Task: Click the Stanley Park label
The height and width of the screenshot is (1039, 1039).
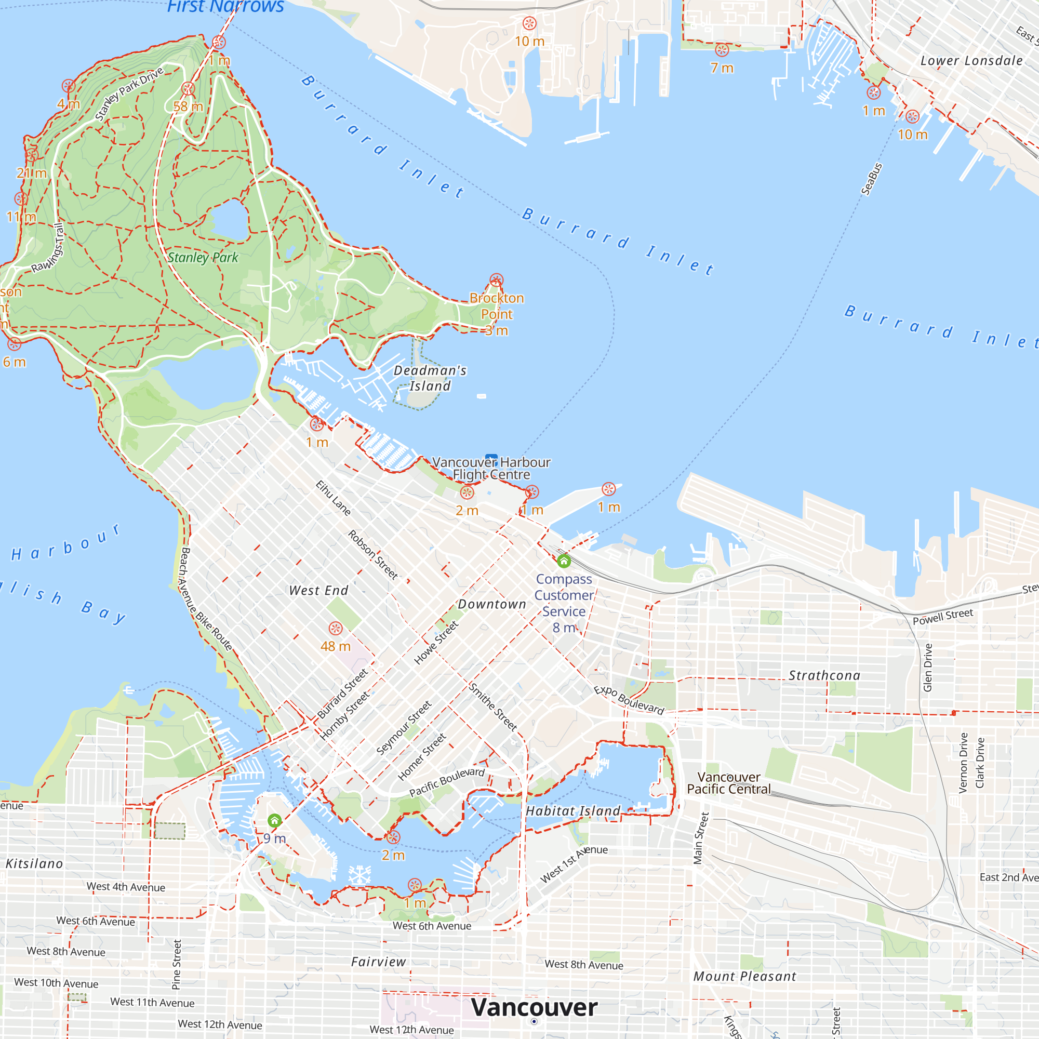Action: click(203, 258)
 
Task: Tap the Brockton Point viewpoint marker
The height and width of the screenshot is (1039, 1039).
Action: click(496, 280)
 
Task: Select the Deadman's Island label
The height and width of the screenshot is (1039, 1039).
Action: click(430, 378)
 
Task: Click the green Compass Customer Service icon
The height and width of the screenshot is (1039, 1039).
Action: click(564, 562)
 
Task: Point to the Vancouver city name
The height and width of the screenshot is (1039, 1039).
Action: click(534, 1007)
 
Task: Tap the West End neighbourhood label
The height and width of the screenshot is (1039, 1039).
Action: click(318, 591)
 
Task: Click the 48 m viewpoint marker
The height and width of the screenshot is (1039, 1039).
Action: click(336, 629)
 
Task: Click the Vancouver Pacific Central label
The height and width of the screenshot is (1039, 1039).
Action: click(729, 783)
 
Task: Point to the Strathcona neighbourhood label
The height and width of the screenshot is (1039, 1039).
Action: click(824, 675)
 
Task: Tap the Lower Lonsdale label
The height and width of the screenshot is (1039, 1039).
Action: click(971, 61)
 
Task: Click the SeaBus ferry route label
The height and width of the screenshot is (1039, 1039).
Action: click(872, 179)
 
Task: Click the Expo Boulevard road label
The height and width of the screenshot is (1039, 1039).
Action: click(629, 700)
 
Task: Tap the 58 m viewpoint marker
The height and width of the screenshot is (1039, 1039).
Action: click(188, 89)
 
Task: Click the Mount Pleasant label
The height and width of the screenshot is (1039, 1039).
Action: click(744, 977)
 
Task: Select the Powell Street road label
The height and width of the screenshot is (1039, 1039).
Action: click(943, 617)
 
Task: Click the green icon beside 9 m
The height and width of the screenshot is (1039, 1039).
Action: click(274, 821)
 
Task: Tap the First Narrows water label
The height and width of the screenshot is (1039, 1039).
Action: click(225, 7)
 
